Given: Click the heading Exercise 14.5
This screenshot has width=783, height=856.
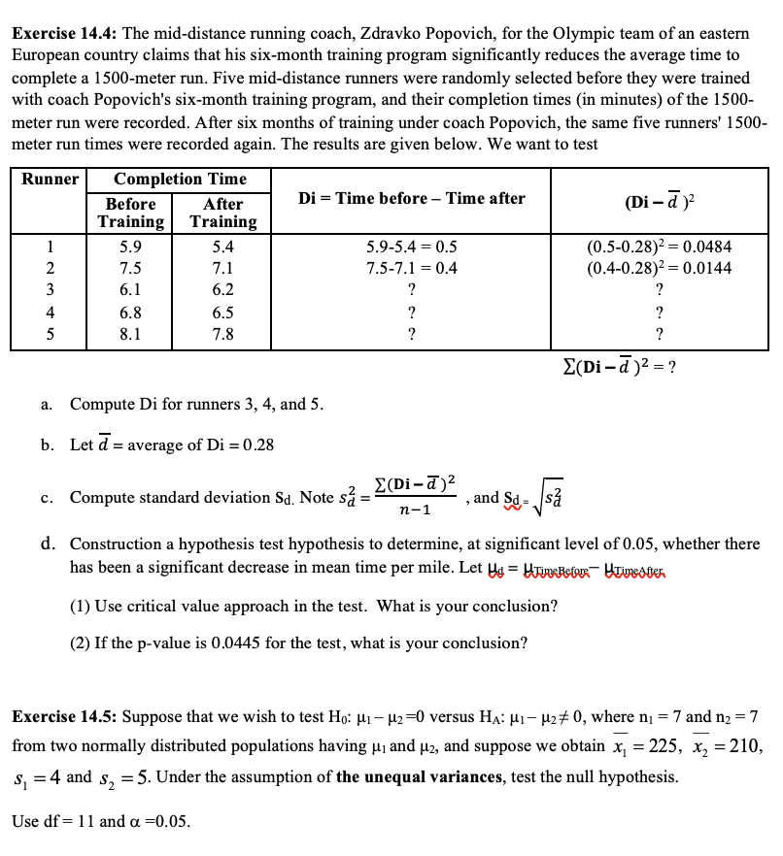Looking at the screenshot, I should coord(64,717).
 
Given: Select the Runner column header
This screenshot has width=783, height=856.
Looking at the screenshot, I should coord(49,180).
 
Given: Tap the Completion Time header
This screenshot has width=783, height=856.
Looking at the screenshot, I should coord(180,180).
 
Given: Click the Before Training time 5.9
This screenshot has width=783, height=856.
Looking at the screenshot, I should coord(130,247).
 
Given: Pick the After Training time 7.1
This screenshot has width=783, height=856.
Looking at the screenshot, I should coord(222,268).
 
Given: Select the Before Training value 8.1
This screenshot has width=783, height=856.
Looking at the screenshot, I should coord(130,334).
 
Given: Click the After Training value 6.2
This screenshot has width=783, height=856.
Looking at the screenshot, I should coord(222,289).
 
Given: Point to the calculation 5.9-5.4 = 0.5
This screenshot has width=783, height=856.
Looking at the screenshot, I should coord(413,247).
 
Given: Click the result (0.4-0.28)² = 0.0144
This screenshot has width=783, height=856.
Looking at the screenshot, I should coord(659,268).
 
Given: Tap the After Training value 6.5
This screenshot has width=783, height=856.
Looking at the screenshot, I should coord(222,313).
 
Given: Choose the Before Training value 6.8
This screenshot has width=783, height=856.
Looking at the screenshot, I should coord(130,313).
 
